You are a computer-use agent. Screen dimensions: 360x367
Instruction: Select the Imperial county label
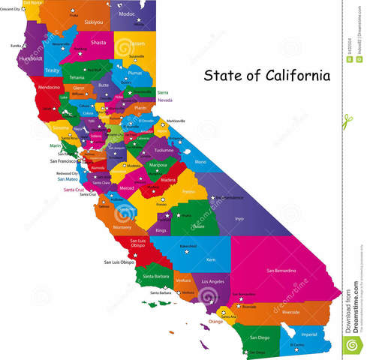pos(308,333)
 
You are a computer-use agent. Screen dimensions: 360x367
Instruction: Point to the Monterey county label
pos(122,226)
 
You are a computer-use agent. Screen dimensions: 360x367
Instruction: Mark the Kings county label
pos(161,230)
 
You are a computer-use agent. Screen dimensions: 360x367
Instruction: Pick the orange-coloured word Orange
pos(215,321)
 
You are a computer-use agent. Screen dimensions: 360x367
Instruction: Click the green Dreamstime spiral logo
pos(350,344)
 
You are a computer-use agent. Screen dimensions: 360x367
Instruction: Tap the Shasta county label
pos(98,43)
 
